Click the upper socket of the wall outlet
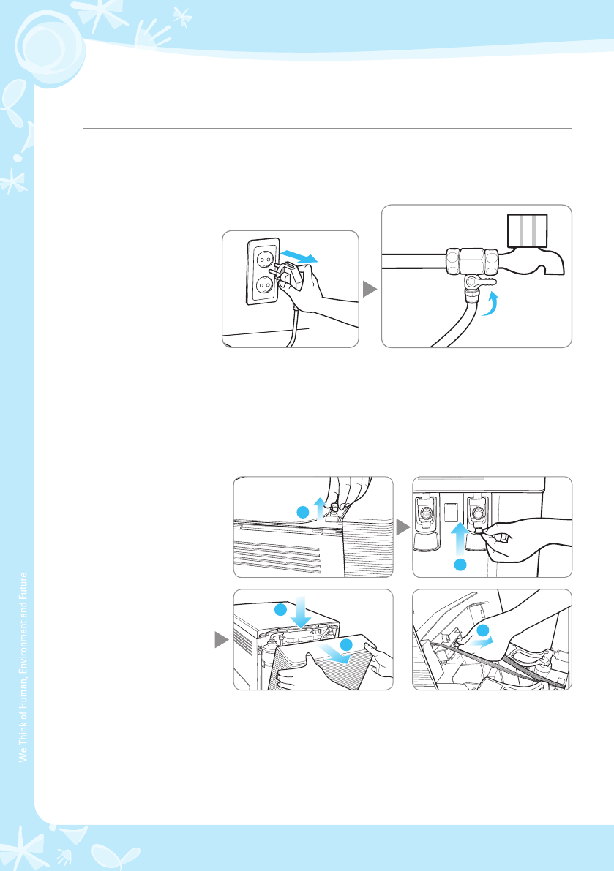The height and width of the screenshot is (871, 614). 263,258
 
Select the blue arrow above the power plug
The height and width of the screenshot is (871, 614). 299,256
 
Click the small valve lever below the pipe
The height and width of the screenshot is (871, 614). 478,283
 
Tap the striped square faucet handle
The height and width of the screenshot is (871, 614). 528,230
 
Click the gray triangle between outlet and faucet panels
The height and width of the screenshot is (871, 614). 370,289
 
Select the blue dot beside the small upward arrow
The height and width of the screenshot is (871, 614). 303,512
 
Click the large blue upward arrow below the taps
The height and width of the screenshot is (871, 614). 460,538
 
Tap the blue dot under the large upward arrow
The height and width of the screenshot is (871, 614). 460,565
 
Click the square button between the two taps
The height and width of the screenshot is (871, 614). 452,512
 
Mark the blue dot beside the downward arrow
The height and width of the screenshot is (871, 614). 280,609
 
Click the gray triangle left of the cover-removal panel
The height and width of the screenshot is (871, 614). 222,640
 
